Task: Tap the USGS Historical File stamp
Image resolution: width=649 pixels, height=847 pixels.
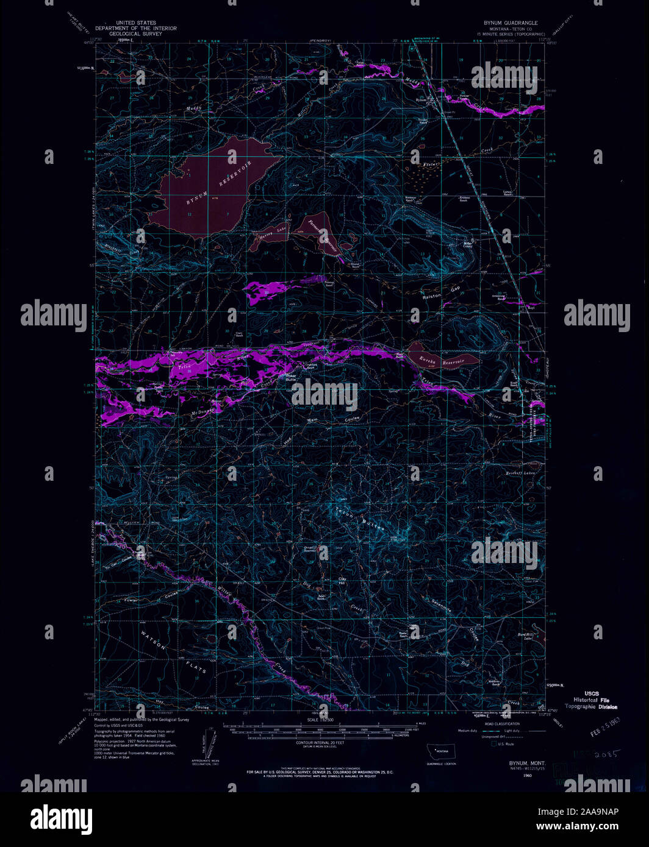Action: pos(591,700)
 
